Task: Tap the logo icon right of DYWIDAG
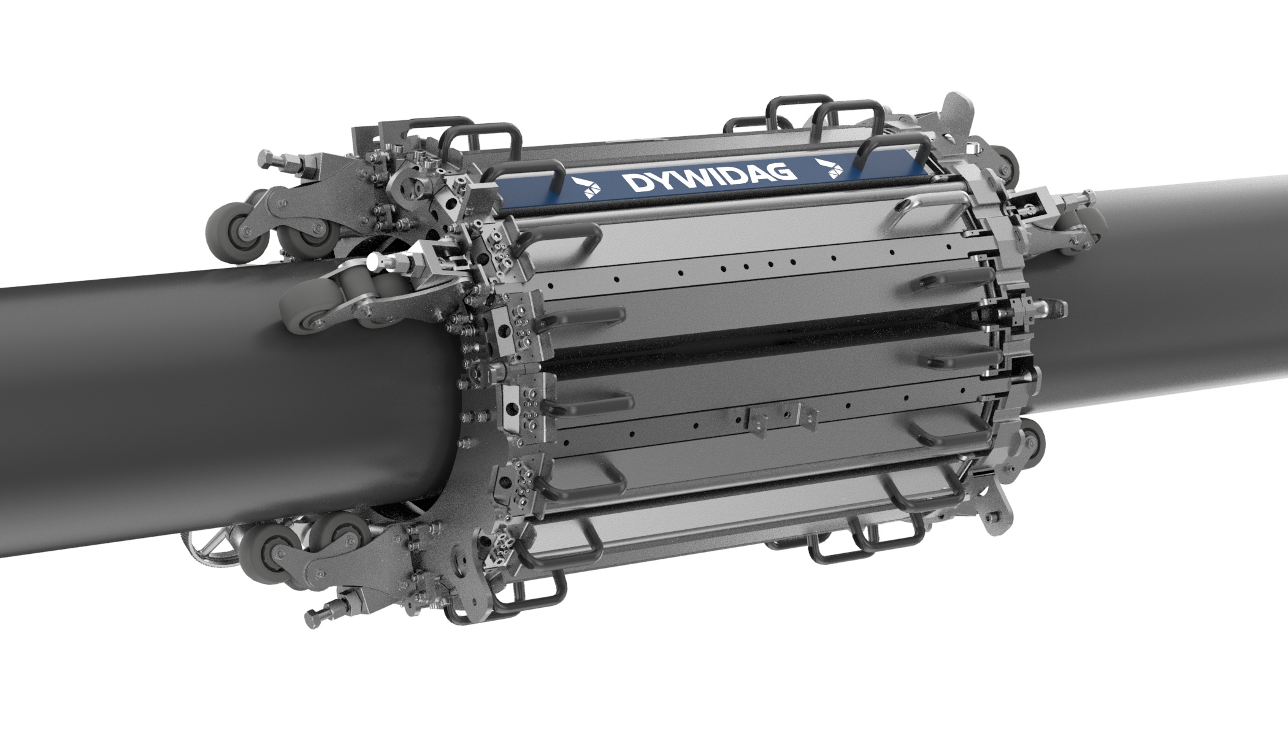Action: [x=834, y=166]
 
